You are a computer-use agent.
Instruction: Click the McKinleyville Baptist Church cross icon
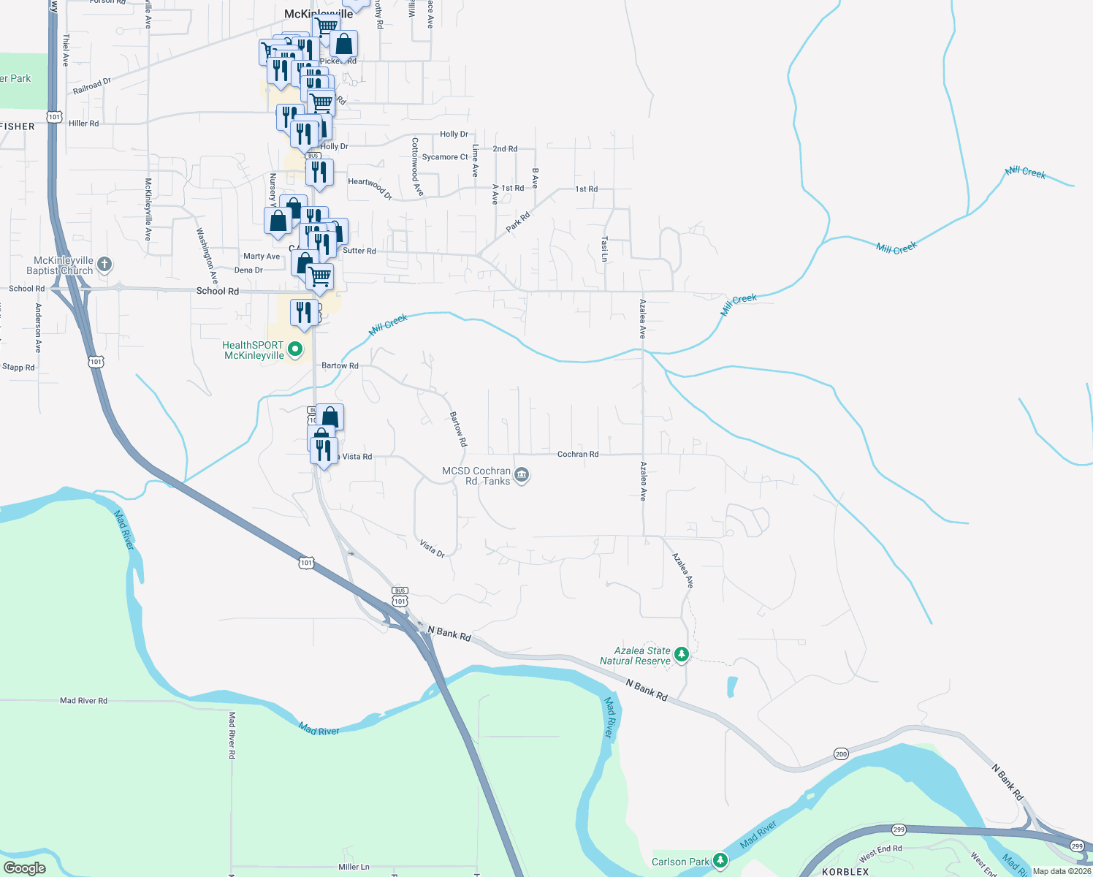104,265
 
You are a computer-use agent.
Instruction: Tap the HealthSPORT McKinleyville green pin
295,349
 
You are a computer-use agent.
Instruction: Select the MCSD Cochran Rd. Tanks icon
522,476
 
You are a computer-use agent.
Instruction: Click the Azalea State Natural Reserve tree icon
682,654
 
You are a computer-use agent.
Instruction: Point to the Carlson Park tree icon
720,860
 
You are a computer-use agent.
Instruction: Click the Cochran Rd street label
578,455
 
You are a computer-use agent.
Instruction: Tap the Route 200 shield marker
841,753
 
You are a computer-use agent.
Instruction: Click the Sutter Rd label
359,251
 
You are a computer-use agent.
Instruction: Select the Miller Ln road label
354,867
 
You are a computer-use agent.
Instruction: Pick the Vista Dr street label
433,549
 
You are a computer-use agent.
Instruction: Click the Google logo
25,868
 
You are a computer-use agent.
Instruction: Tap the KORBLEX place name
845,872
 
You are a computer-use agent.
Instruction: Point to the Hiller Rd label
84,124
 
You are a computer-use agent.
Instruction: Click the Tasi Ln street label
604,248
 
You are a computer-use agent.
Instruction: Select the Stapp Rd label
18,367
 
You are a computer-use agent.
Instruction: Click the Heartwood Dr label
370,188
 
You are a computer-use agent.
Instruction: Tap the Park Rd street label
518,222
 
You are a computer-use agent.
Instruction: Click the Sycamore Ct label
445,157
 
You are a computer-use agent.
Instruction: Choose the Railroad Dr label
92,86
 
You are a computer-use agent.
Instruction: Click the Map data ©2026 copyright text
1062,871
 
